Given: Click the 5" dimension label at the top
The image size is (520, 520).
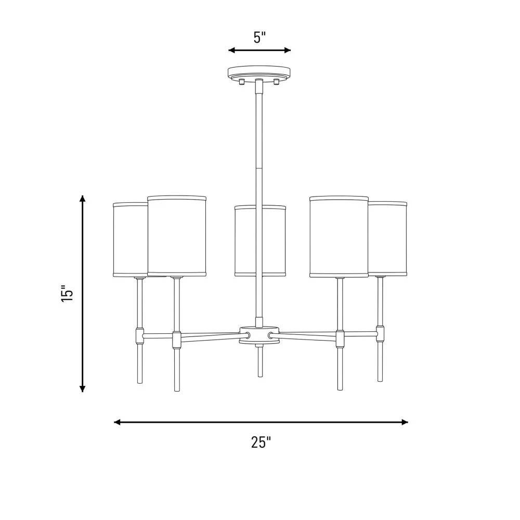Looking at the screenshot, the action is click(x=259, y=37).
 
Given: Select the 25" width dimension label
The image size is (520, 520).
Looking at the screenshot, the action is click(x=261, y=442).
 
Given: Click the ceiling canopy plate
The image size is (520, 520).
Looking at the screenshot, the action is click(x=259, y=73).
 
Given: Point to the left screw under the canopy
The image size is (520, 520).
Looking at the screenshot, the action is click(x=242, y=81).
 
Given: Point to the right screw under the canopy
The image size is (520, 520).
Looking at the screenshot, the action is click(x=276, y=81).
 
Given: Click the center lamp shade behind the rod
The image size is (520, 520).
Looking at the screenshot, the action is click(x=260, y=241).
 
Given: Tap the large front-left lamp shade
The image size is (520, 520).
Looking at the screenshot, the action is click(x=177, y=236).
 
